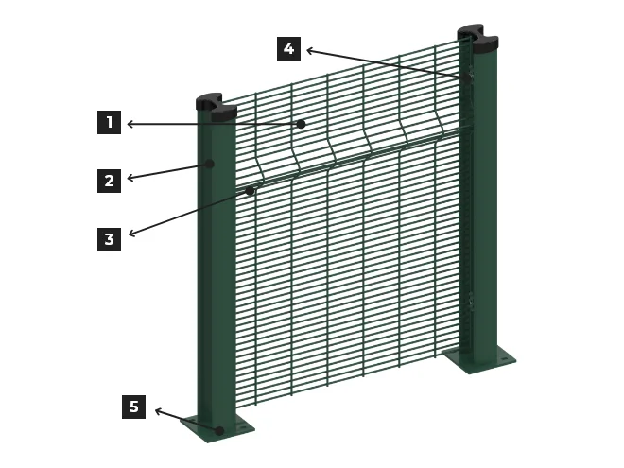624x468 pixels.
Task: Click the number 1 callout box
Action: pos(109,122)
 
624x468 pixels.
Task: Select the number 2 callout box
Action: pos(109,182)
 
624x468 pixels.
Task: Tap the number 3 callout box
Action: pos(109,239)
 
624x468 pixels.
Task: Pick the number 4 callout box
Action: pos(288,48)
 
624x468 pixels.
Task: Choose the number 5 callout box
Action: pos(133,407)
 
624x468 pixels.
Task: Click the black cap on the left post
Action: pos(217,106)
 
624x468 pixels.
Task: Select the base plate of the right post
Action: pos(479,360)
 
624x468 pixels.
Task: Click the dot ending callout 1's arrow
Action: pos(302,124)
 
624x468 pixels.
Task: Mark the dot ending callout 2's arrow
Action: pos(210,164)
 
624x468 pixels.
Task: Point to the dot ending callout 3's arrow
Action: pos(250,191)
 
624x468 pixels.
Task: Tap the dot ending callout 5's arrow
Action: pos(219,430)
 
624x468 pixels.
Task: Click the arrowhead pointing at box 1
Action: pos(130,125)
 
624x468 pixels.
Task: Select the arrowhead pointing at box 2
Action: pos(130,179)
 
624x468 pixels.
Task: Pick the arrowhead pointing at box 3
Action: pos(132,234)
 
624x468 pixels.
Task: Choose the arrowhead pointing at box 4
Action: pos(310,50)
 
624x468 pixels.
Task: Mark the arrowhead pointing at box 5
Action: pos(159,411)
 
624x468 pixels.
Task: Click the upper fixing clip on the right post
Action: pos(469,76)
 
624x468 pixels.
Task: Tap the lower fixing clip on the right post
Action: pos(471,299)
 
